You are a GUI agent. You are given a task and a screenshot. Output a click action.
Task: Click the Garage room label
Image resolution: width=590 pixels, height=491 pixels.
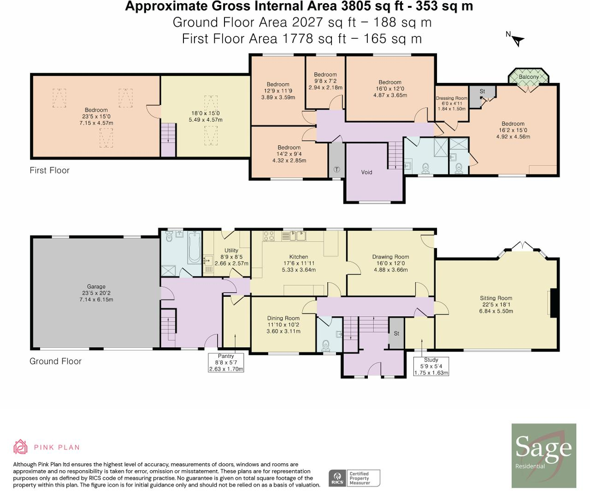(x=96, y=286)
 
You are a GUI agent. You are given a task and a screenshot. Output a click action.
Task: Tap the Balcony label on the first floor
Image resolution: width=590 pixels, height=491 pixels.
(x=528, y=77)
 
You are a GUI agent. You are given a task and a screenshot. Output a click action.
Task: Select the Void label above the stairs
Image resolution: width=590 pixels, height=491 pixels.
(x=366, y=172)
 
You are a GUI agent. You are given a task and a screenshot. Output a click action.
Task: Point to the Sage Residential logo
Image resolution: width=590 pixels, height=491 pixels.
(x=544, y=455)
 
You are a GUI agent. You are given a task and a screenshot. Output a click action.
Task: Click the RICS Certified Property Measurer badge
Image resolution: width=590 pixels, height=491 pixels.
(x=354, y=478)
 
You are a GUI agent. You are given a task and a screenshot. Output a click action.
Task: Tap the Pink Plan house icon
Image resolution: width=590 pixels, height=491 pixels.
(x=20, y=447)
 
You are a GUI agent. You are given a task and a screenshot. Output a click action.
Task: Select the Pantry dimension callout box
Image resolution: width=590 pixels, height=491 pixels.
(x=226, y=362)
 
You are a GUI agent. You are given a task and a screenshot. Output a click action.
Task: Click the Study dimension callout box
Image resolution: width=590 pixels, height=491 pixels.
(x=431, y=367)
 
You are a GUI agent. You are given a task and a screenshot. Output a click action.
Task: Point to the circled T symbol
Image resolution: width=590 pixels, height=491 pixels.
(x=336, y=169)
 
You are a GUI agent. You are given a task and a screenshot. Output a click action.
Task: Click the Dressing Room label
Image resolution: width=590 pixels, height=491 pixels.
(x=451, y=98)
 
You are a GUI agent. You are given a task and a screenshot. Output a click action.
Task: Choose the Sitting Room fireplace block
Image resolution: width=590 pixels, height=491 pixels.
(x=555, y=303)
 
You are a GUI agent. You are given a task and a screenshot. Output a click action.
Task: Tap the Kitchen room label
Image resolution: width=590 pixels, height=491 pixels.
(x=299, y=257)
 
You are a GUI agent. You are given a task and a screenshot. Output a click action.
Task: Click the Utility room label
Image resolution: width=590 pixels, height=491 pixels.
(x=231, y=250)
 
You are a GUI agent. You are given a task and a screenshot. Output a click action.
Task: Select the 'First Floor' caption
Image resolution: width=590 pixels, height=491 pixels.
(x=49, y=171)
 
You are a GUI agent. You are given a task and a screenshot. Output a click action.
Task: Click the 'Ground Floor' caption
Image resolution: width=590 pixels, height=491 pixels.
(x=55, y=361)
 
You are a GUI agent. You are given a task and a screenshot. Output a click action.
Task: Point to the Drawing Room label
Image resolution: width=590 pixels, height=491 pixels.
(x=390, y=257)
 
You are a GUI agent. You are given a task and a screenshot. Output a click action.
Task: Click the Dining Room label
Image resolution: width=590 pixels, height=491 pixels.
(x=283, y=318)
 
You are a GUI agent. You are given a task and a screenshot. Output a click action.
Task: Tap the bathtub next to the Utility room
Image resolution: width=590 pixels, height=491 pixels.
(x=195, y=248)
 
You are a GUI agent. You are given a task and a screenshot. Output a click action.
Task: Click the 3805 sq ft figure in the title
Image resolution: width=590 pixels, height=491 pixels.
(x=372, y=6)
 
